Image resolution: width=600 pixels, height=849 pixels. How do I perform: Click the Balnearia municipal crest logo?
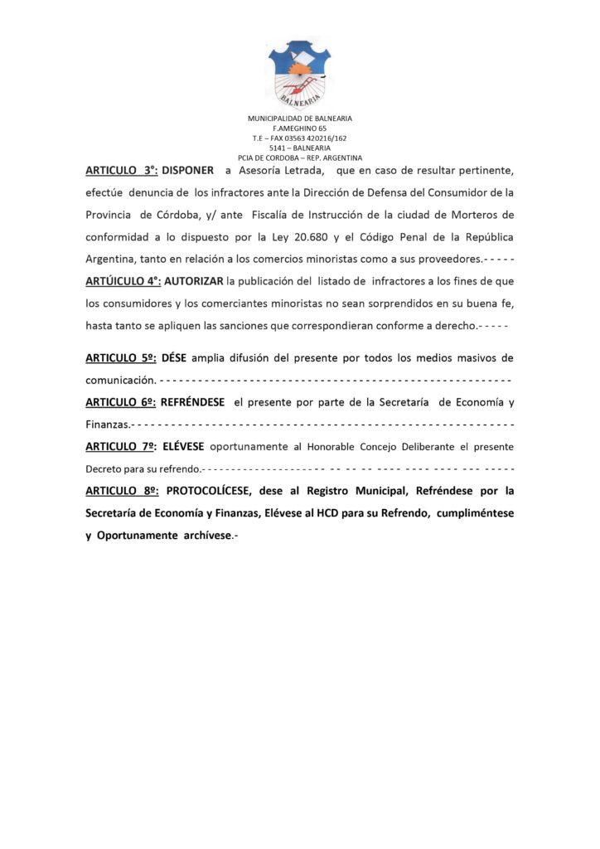[299, 73]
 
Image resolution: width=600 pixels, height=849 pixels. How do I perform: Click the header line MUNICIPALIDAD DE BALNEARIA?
[299, 119]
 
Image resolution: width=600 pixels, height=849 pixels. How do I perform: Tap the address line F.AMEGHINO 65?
[299, 129]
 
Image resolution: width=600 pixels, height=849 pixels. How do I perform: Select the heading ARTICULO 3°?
[121, 171]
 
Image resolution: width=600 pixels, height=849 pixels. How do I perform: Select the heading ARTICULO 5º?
[121, 358]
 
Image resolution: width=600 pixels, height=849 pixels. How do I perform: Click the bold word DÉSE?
[174, 358]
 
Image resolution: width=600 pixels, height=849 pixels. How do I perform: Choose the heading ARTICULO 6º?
[121, 403]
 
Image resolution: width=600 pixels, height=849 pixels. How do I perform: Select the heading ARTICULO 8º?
[121, 491]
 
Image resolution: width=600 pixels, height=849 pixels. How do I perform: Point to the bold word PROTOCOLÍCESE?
[220, 491]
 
